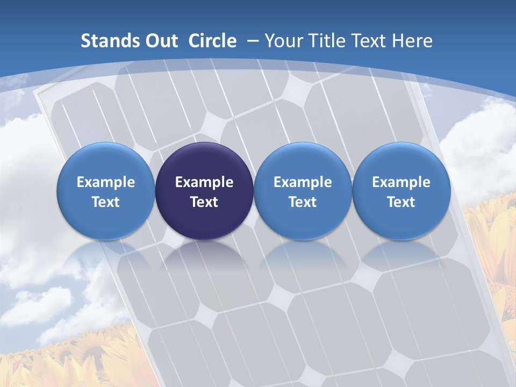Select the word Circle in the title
[x=212, y=41]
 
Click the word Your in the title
[x=283, y=41]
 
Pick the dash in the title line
[x=252, y=41]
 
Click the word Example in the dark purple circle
[x=204, y=182]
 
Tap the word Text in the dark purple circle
[x=204, y=202]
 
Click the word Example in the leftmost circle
[x=106, y=182]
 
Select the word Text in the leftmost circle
[x=106, y=202]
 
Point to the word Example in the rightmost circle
[x=401, y=182]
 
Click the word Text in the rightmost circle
[x=401, y=202]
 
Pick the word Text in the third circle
[x=303, y=202]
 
